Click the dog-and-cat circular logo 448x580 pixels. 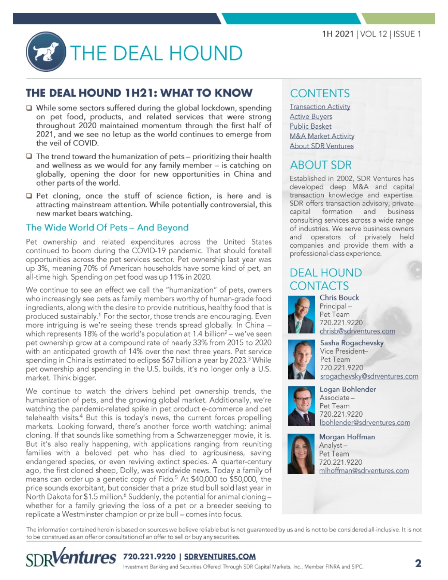46,52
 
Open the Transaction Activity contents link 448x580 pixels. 320,107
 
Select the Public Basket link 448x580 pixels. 310,126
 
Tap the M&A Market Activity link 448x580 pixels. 322,136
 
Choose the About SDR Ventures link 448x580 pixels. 321,146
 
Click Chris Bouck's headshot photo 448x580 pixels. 301,314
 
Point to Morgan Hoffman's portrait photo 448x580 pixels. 301,454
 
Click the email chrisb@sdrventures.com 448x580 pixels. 357,331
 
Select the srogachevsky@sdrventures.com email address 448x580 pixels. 369,376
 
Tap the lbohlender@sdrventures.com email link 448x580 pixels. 364,422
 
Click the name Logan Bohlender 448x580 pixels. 348,389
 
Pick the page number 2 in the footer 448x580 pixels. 418,563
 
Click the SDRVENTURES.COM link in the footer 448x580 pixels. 220,557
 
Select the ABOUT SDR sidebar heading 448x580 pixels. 321,165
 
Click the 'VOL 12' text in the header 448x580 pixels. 374,34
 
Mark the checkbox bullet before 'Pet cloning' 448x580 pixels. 29,196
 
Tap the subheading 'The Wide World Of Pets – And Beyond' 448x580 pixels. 107,228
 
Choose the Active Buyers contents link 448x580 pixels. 311,116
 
